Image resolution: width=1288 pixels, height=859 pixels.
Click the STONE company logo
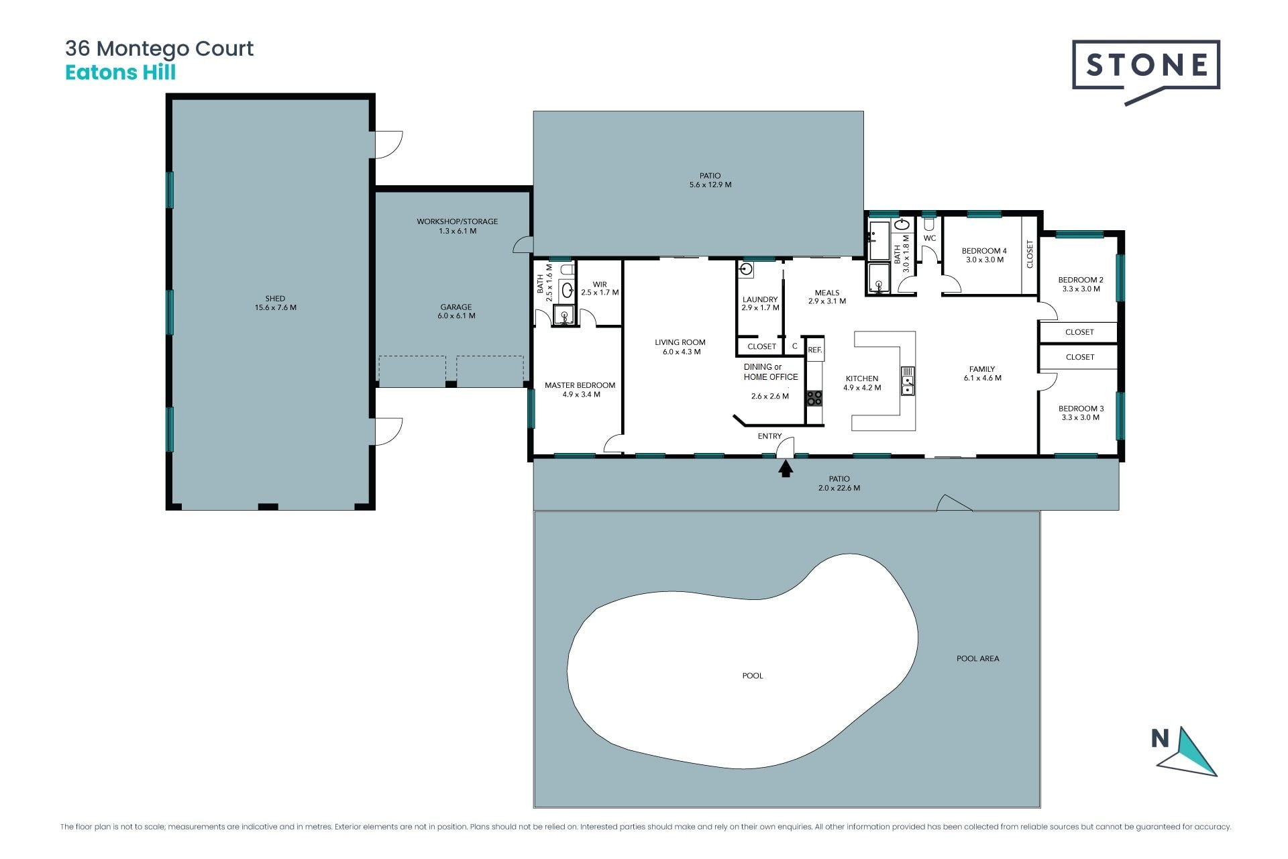point(1146,70)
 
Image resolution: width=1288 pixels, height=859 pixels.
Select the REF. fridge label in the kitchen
point(815,350)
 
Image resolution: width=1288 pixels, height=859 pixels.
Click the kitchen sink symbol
point(908,381)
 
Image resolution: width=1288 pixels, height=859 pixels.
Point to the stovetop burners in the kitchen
point(814,398)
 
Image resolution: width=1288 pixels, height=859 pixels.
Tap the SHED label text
point(275,299)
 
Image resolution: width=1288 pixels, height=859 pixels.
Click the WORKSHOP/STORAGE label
point(458,221)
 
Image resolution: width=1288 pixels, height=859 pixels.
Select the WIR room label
point(600,285)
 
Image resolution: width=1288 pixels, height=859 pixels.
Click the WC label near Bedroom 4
point(930,238)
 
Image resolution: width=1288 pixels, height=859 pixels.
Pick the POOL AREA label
point(977,658)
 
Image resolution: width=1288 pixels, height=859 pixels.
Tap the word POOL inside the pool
point(753,676)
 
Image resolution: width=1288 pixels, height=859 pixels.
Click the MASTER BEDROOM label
point(580,385)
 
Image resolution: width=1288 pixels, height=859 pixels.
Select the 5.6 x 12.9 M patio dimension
point(710,185)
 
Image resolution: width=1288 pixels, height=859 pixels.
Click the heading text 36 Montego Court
point(159,48)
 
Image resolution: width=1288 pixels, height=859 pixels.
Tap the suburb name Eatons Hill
point(120,72)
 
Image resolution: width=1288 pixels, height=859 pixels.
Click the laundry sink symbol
point(746,270)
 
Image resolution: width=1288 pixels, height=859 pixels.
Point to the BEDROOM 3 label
point(1081,408)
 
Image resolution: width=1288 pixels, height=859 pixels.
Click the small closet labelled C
point(795,346)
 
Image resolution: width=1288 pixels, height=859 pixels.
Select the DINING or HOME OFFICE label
point(771,372)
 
